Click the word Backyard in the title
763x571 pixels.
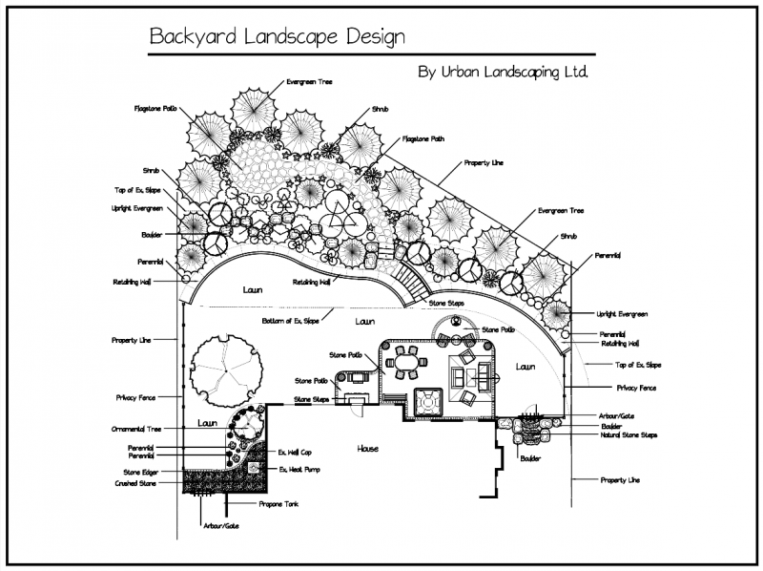click(x=186, y=37)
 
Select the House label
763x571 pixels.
click(x=369, y=449)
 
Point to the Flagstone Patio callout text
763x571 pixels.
click(x=154, y=109)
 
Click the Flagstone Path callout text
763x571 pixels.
click(x=423, y=138)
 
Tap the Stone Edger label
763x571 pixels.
click(x=140, y=472)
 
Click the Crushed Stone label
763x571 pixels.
click(x=138, y=483)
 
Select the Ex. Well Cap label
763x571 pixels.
click(x=296, y=452)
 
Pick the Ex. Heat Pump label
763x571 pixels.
click(x=298, y=469)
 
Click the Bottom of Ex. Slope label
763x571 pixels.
click(x=292, y=321)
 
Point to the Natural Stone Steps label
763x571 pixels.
click(x=629, y=435)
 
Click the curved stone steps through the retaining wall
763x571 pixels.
click(x=413, y=281)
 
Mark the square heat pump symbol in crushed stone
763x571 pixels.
click(x=255, y=468)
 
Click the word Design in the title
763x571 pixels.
click(x=375, y=37)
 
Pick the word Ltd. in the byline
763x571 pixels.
click(x=574, y=72)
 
